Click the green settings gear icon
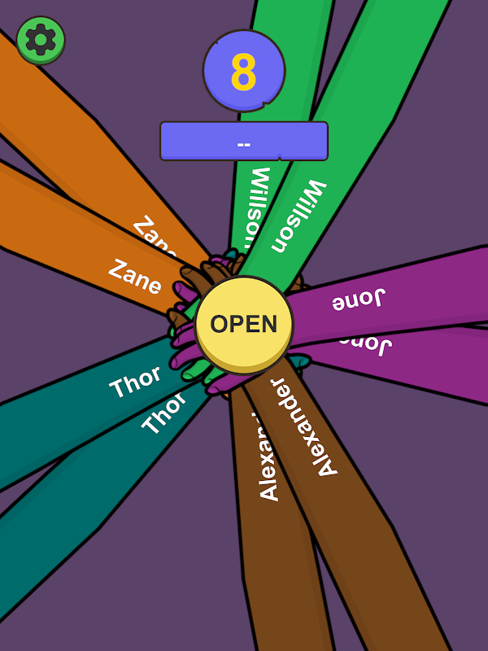tap(40, 40)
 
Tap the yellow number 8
tap(243, 72)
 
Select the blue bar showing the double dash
tap(243, 142)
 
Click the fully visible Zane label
tap(135, 276)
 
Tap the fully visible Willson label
tap(299, 216)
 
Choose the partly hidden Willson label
tap(257, 199)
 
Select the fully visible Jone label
tap(358, 300)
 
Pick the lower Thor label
tap(163, 415)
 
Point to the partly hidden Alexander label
tap(269, 460)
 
